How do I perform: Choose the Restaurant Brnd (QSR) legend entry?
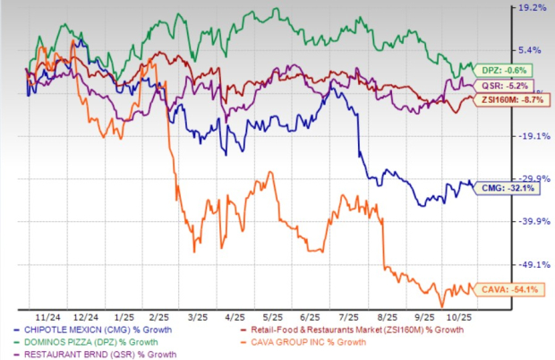tap(93, 354)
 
